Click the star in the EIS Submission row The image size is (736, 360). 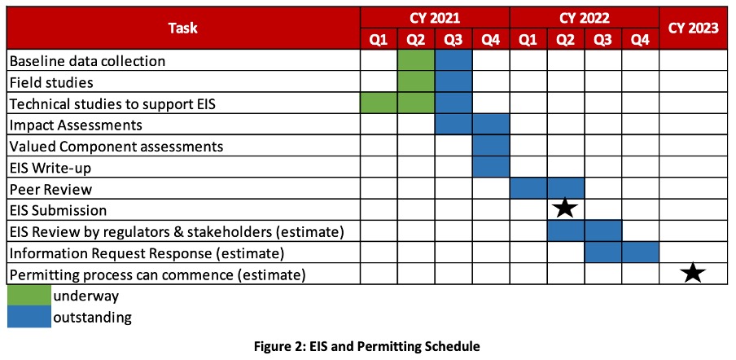pos(566,209)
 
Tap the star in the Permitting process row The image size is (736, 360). pos(694,273)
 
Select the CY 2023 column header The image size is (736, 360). pos(694,29)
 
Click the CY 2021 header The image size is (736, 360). pos(435,18)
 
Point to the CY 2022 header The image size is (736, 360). pos(585,18)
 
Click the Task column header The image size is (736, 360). pos(183,29)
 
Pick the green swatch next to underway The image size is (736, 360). pos(29,295)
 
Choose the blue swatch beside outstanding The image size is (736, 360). pos(29,316)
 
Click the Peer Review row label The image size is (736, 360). pos(51,189)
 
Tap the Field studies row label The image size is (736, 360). pos(51,82)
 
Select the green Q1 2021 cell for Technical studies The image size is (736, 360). pos(379,103)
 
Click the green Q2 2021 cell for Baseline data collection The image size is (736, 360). pos(416,60)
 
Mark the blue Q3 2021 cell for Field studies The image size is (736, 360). pos(453,81)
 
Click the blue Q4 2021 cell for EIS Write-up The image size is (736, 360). pos(491,167)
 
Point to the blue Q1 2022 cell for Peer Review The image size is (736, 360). pos(528,188)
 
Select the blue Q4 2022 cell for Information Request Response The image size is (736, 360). pos(641,252)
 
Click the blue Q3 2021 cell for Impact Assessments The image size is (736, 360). pos(453,125)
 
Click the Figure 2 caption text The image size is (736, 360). pos(367,346)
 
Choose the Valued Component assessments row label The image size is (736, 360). pos(116,147)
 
